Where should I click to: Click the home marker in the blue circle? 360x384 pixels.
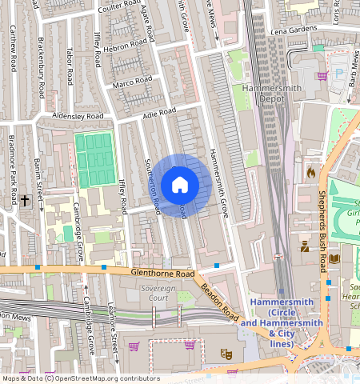pos(180,185)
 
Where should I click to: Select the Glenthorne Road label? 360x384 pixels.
pos(163,274)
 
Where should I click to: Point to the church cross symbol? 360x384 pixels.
pos(26,200)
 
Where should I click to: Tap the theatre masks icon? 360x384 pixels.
pos(226,352)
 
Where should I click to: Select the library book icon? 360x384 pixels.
pos(334,258)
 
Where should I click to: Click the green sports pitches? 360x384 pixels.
pos(94,160)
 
